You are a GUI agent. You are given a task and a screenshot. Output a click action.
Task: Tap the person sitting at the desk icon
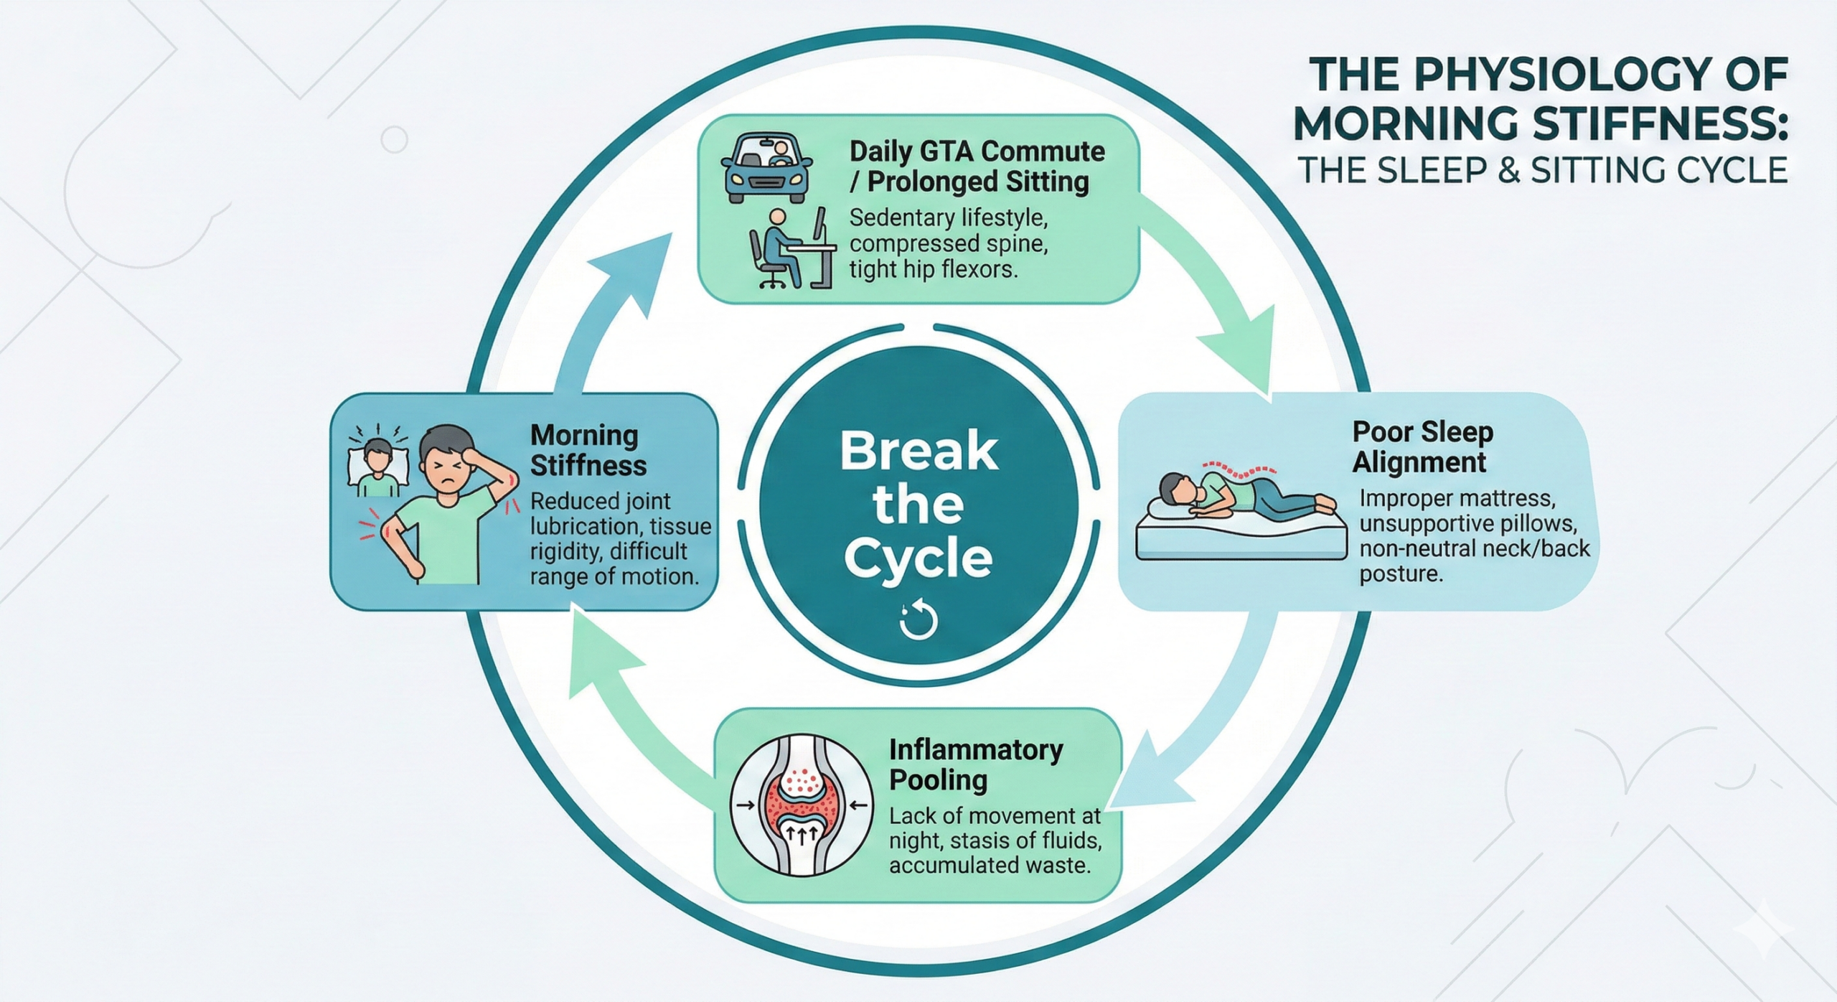789,248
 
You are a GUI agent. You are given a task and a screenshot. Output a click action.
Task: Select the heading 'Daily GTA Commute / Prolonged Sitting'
976,167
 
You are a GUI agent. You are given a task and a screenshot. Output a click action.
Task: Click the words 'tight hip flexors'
933,270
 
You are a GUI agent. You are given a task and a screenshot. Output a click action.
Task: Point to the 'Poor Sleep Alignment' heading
1422,446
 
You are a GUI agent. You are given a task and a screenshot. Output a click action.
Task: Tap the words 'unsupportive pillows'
1467,523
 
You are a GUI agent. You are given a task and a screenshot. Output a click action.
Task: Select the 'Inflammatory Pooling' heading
975,764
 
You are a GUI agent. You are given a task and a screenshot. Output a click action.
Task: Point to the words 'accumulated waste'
990,866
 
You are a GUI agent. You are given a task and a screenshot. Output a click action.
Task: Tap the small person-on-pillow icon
377,467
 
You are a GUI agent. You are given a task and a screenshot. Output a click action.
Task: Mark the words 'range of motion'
614,576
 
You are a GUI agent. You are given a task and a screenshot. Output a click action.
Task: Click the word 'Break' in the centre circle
918,451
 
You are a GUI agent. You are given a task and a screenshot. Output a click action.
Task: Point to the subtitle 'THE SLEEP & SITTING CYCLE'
1543,171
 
